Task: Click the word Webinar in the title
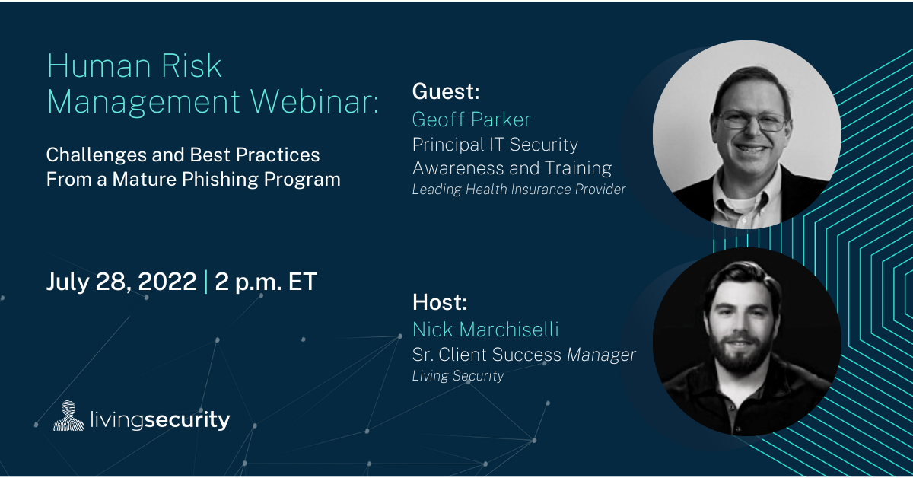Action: coord(314,101)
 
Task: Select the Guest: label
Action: coord(446,91)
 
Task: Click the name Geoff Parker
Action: coord(471,119)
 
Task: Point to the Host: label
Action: coord(440,302)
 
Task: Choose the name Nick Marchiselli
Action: coord(485,329)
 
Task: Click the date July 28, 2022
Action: coord(122,282)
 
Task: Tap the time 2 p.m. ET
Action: coord(266,282)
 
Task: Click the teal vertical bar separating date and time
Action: coord(205,282)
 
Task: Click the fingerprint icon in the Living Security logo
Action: coord(68,416)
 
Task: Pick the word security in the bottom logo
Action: coord(187,419)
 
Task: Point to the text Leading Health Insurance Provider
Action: coord(518,190)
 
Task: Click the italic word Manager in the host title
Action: coord(601,355)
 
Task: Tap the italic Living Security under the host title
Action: coord(458,376)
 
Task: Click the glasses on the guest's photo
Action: coord(752,121)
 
